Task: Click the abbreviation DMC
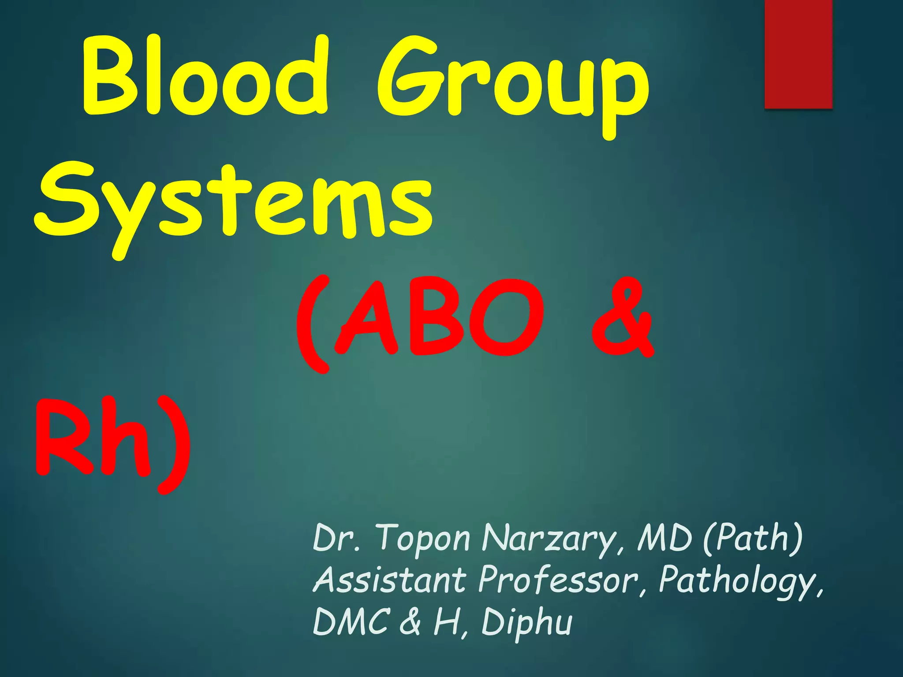pos(351,621)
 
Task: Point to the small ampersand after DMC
pos(410,621)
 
